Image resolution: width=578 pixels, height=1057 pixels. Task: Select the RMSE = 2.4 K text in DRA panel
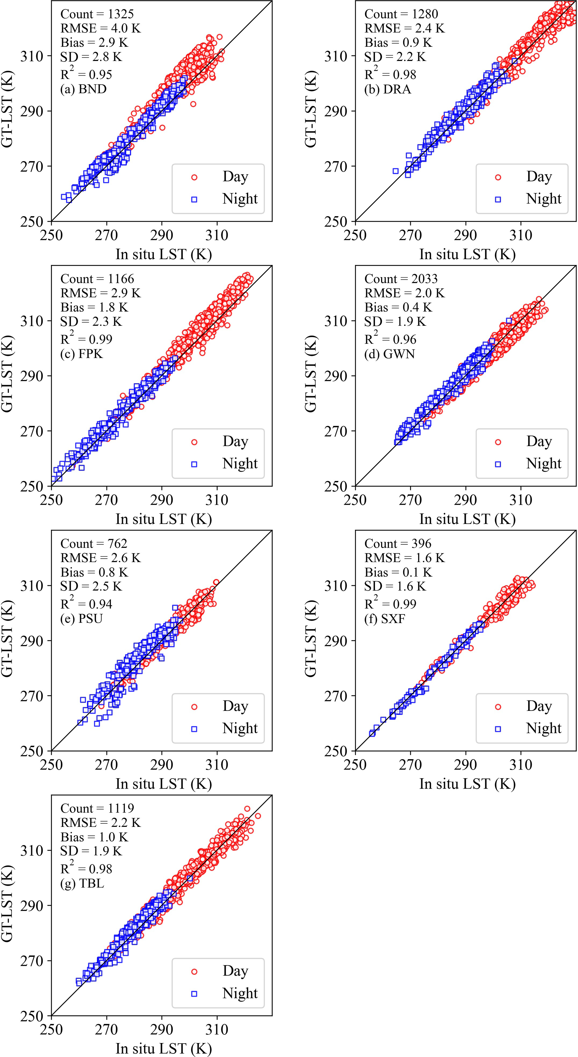(404, 28)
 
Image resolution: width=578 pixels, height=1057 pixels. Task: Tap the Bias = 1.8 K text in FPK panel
(94, 307)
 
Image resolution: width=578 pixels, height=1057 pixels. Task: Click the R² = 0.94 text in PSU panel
(86, 604)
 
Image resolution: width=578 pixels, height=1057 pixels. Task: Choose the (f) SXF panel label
(384, 618)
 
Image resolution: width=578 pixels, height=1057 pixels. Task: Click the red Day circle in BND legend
(194, 177)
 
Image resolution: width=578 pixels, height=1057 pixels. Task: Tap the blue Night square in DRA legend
(497, 199)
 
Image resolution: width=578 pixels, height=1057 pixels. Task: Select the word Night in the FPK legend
(240, 463)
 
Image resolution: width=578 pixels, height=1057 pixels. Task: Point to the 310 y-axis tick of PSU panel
(32, 586)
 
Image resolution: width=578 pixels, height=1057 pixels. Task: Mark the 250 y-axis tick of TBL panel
(32, 1016)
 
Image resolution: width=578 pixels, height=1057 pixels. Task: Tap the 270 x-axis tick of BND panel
(107, 235)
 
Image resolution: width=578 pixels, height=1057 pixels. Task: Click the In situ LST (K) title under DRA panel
(467, 254)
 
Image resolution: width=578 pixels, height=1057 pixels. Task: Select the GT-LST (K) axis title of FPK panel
(7, 374)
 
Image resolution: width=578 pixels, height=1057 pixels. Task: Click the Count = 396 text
(398, 544)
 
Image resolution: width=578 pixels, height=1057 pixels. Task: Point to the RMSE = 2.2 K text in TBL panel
(100, 823)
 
